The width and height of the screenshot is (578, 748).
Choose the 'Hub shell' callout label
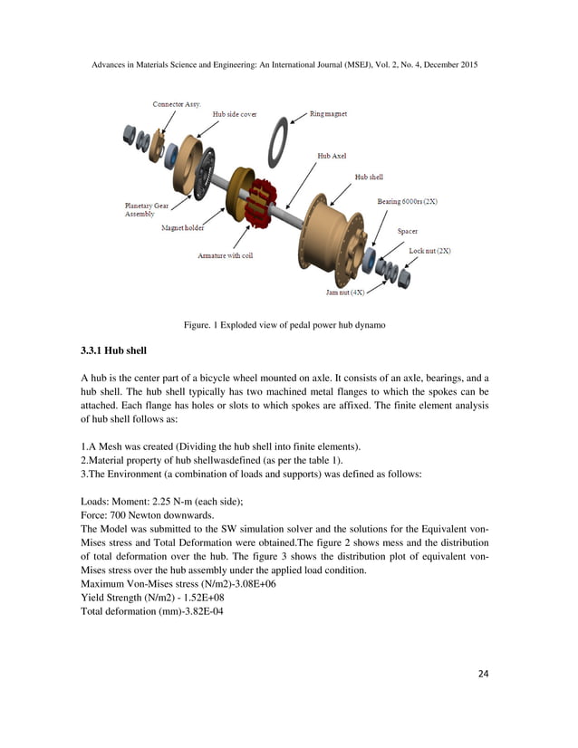coord(369,177)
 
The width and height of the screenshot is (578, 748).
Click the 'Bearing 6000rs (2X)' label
coord(407,201)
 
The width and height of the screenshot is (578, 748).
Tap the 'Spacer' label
coord(408,231)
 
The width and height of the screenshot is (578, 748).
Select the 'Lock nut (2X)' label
coord(429,250)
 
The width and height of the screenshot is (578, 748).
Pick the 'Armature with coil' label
coord(226,255)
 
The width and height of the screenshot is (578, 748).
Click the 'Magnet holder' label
coord(182,228)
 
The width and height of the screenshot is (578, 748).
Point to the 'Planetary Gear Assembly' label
coord(145,210)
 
